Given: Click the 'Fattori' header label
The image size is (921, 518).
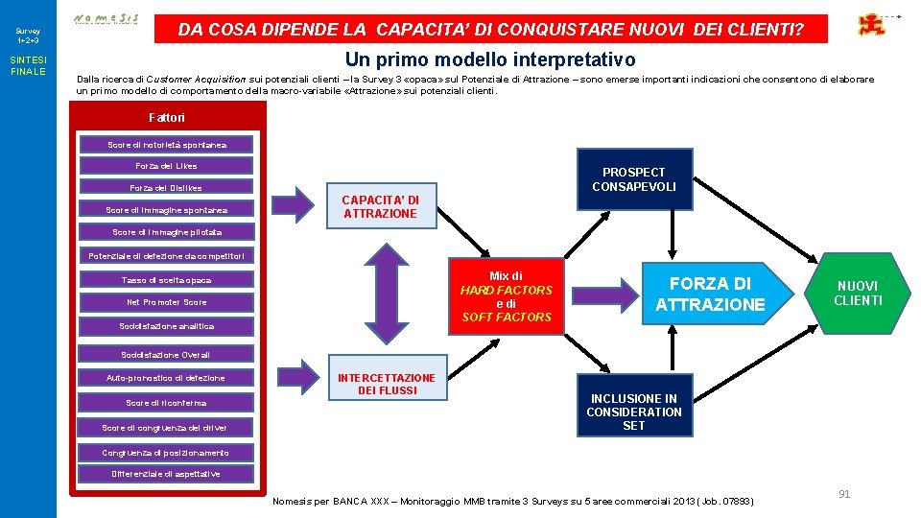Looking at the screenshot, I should point(167,118).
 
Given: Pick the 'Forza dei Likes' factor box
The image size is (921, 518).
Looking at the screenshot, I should point(166,166).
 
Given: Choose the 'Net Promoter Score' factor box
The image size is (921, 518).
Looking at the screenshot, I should point(166,302).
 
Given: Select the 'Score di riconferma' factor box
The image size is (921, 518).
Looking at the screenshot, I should point(166,403).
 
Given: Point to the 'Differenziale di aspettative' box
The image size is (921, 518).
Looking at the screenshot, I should point(166,474).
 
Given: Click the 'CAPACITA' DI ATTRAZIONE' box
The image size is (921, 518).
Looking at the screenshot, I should point(381,206).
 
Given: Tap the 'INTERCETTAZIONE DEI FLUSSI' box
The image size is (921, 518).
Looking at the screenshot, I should point(387,384).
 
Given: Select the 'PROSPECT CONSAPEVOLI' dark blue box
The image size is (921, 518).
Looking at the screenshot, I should point(633,179).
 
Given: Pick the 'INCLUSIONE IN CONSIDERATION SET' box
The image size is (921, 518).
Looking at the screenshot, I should point(633,412).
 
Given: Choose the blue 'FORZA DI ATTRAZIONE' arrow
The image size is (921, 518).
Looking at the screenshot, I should point(710,294).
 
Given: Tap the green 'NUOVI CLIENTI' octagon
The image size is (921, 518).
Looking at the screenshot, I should point(858,294).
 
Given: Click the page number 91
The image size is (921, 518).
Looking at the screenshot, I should point(844,494).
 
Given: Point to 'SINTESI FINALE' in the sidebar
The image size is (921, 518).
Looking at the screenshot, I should point(28,66).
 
